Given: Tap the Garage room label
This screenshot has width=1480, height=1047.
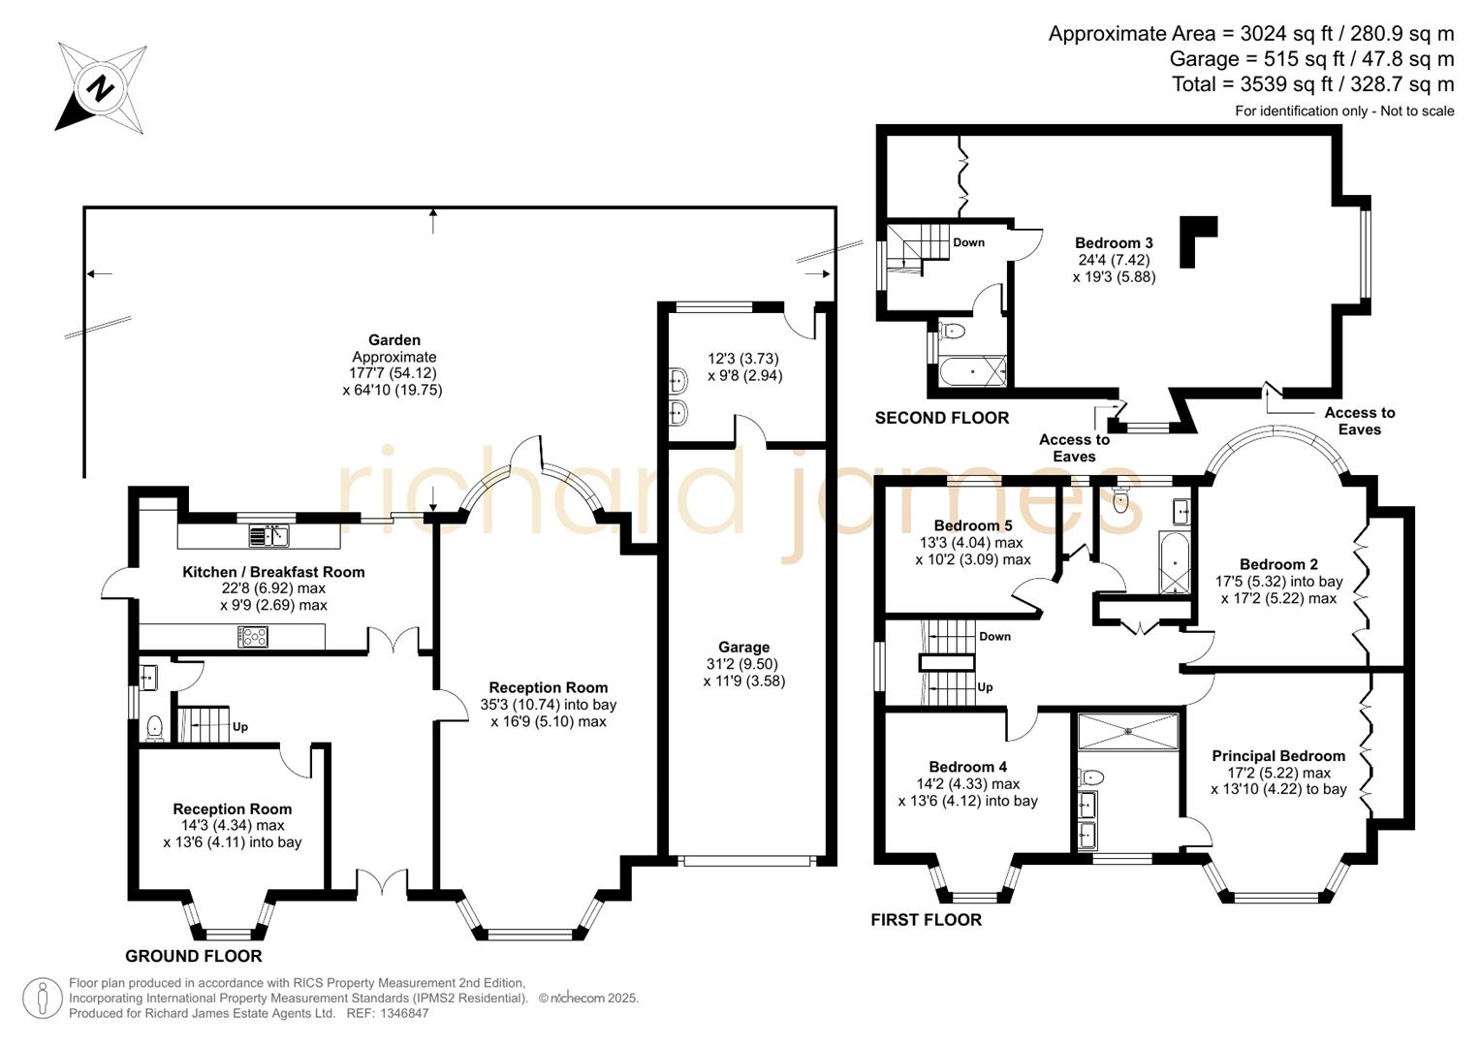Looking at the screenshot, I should coord(743,647).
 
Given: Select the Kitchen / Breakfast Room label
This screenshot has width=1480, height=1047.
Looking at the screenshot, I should coord(273,572).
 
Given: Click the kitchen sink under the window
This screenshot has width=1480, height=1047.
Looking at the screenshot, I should coord(268,535).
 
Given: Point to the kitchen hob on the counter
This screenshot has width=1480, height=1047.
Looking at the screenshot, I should coord(253,637).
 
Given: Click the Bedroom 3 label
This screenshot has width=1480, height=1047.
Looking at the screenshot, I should coord(1114,243).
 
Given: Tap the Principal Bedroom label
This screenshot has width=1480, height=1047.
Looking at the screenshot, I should coord(1277,756).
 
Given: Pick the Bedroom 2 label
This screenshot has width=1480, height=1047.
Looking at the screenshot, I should coord(1278,564).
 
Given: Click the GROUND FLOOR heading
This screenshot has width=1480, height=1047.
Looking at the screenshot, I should coord(194,956).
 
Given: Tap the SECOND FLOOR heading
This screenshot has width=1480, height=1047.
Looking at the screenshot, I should coord(941,418).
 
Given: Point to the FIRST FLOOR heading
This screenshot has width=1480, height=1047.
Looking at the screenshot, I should coord(926,920).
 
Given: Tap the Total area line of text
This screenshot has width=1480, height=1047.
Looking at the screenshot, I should coord(1312,84).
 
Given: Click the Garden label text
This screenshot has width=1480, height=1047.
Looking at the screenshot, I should coord(394,340).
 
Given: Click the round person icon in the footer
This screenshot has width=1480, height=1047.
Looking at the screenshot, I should coord(42,998).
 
